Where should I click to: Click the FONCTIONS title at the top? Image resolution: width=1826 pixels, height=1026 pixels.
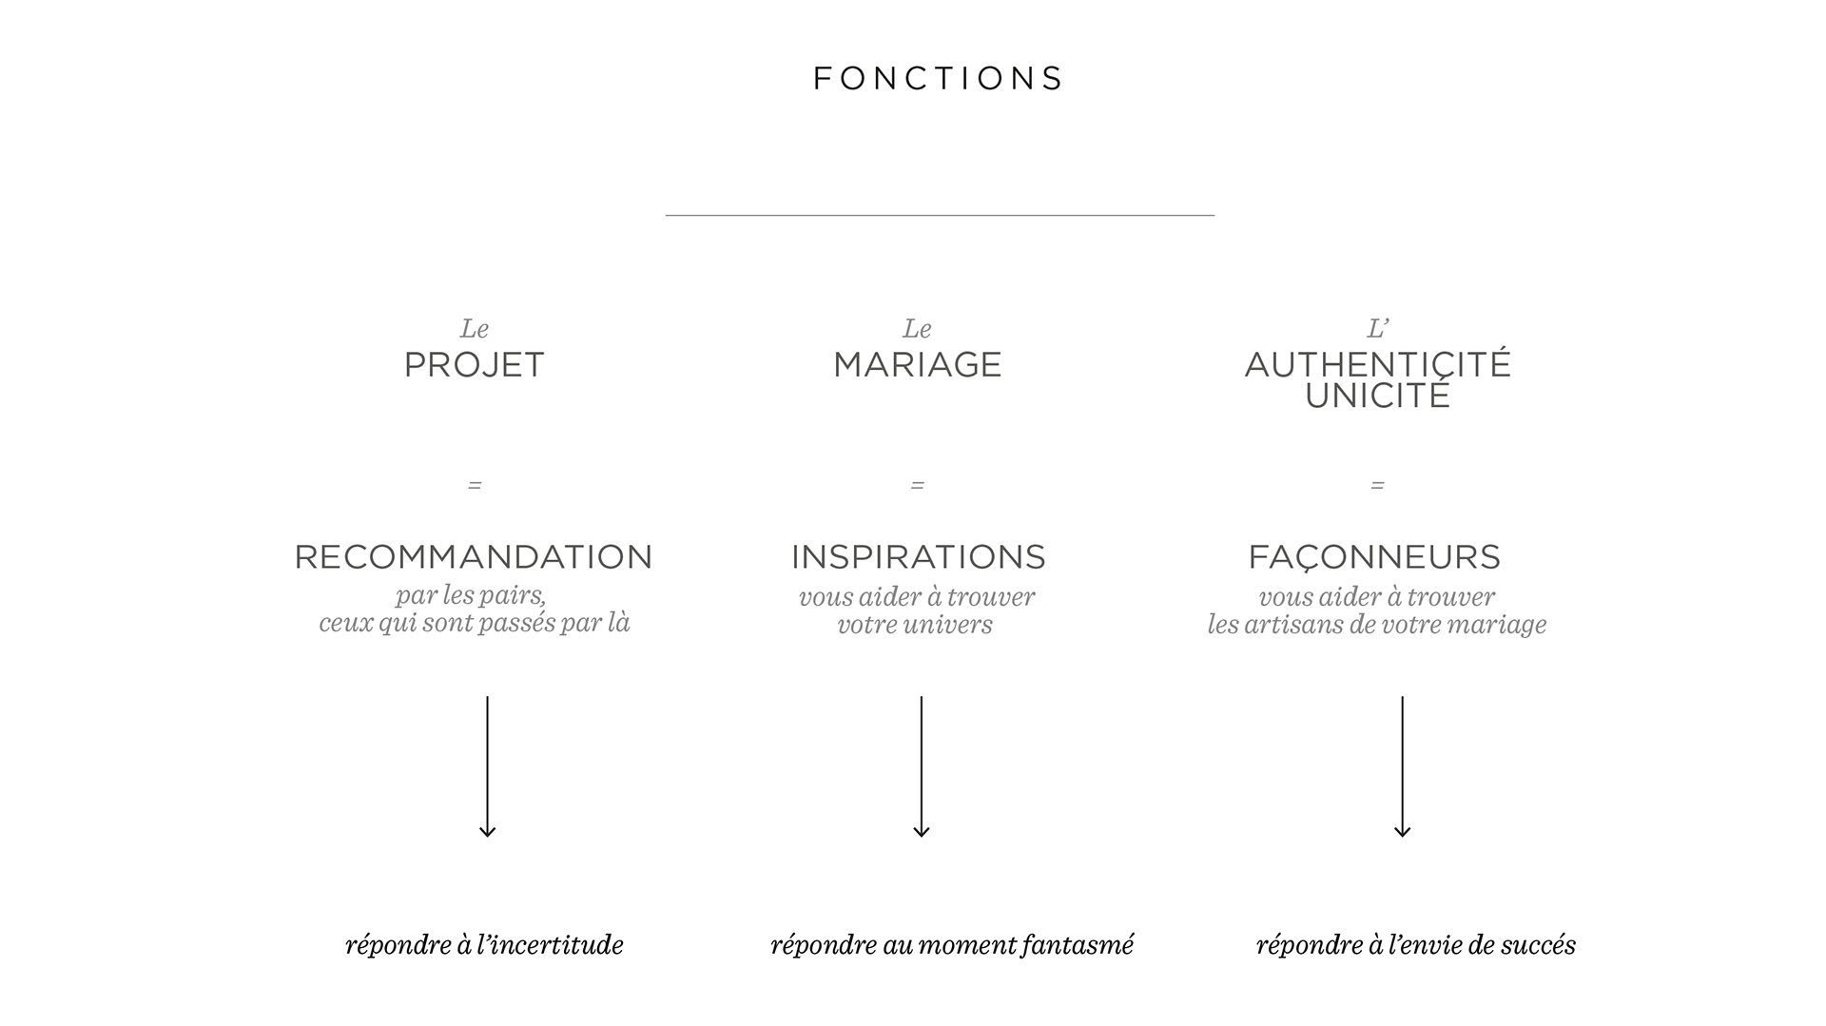(x=939, y=78)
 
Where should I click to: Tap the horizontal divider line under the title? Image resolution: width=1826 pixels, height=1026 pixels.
(x=939, y=216)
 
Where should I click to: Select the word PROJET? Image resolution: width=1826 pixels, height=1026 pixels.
(x=474, y=365)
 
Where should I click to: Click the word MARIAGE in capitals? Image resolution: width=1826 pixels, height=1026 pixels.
(x=917, y=365)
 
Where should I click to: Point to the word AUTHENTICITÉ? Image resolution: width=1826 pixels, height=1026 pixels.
(x=1377, y=364)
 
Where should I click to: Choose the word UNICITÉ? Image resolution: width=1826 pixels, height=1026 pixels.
(x=1377, y=397)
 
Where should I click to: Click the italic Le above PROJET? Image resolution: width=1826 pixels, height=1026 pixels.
(x=474, y=329)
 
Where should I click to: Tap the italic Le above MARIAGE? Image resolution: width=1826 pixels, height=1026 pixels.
(x=917, y=329)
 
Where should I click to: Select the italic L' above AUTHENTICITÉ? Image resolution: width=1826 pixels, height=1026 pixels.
(x=1377, y=329)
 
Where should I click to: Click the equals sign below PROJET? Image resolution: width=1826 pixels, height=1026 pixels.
(x=475, y=486)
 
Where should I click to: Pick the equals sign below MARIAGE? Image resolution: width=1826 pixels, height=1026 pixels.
(x=917, y=486)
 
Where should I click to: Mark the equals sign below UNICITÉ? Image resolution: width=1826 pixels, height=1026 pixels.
(x=1377, y=486)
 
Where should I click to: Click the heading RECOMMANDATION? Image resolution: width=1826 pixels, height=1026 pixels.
(x=474, y=557)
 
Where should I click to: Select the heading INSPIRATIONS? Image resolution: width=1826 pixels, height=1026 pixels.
(x=918, y=557)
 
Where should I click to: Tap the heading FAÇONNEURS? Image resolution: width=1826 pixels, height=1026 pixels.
(x=1374, y=557)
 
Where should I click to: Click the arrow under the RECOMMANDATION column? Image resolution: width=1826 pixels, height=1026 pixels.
(x=487, y=766)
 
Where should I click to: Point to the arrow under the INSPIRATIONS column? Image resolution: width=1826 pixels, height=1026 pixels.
(x=921, y=766)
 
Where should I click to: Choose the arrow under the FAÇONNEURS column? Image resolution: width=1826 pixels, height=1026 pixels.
(x=1402, y=766)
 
